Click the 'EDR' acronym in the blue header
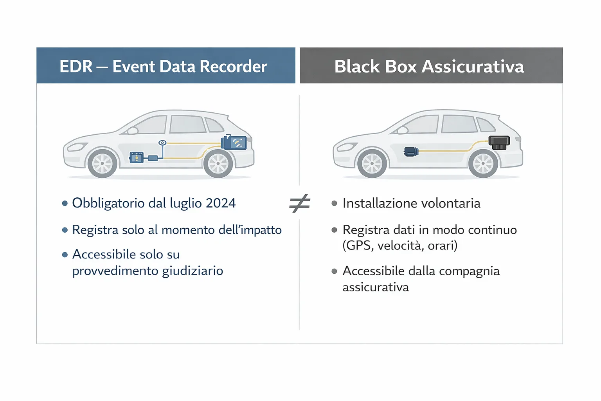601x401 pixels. (x=76, y=67)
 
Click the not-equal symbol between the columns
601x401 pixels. (x=300, y=203)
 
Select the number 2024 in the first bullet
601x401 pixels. (x=221, y=203)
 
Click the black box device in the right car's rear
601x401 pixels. (x=499, y=142)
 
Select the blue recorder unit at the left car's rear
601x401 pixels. (x=234, y=143)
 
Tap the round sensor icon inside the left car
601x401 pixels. (x=162, y=143)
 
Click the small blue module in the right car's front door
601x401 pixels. (x=411, y=151)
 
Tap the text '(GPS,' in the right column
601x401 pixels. (x=358, y=246)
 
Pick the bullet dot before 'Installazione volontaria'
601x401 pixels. (x=334, y=203)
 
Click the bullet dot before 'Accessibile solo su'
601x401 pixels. (x=65, y=255)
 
